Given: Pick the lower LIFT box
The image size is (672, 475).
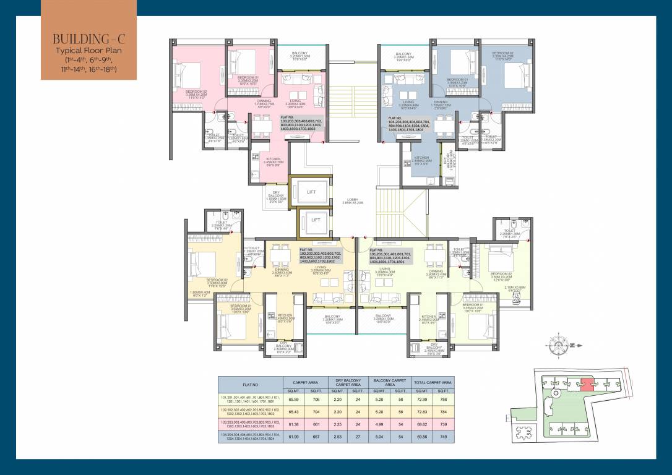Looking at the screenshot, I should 316,220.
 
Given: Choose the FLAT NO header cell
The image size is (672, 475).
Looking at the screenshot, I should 249,383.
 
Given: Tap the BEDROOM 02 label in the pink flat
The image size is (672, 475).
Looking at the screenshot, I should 196,93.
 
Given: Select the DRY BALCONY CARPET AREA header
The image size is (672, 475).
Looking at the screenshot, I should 348,383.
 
